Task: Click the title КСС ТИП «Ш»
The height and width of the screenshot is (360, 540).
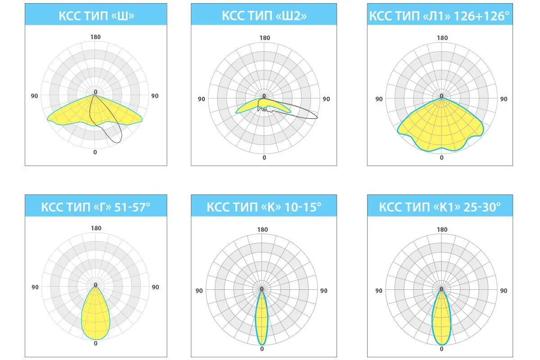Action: [x=96, y=16]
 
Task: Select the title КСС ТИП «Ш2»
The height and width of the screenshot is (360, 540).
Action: [x=264, y=16]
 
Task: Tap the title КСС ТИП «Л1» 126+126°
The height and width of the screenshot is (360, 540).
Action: [x=439, y=16]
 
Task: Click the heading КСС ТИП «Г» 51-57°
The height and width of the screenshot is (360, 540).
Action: [x=96, y=207]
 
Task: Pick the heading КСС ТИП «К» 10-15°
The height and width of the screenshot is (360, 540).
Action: [x=264, y=207]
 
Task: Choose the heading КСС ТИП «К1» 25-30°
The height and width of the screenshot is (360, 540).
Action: [x=439, y=207]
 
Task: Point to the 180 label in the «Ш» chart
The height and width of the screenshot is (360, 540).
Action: [x=95, y=37]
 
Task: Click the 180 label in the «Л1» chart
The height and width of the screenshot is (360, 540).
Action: [x=442, y=38]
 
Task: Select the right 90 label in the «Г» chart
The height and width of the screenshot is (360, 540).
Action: [x=155, y=287]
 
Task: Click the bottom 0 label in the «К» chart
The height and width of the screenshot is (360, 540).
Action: [x=262, y=349]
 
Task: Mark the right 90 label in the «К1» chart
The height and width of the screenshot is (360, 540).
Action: [x=504, y=291]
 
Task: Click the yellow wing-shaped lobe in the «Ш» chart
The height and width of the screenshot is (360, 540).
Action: [x=67, y=116]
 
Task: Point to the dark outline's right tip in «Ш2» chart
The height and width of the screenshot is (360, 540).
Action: [x=316, y=117]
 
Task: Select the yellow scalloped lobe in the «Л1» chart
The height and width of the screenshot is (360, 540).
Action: [x=441, y=128]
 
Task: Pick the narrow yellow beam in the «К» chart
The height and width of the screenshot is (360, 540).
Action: [x=262, y=319]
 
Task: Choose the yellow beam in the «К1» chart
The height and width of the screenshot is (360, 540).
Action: [x=441, y=319]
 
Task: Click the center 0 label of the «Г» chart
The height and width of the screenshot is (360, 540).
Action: [x=95, y=285]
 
